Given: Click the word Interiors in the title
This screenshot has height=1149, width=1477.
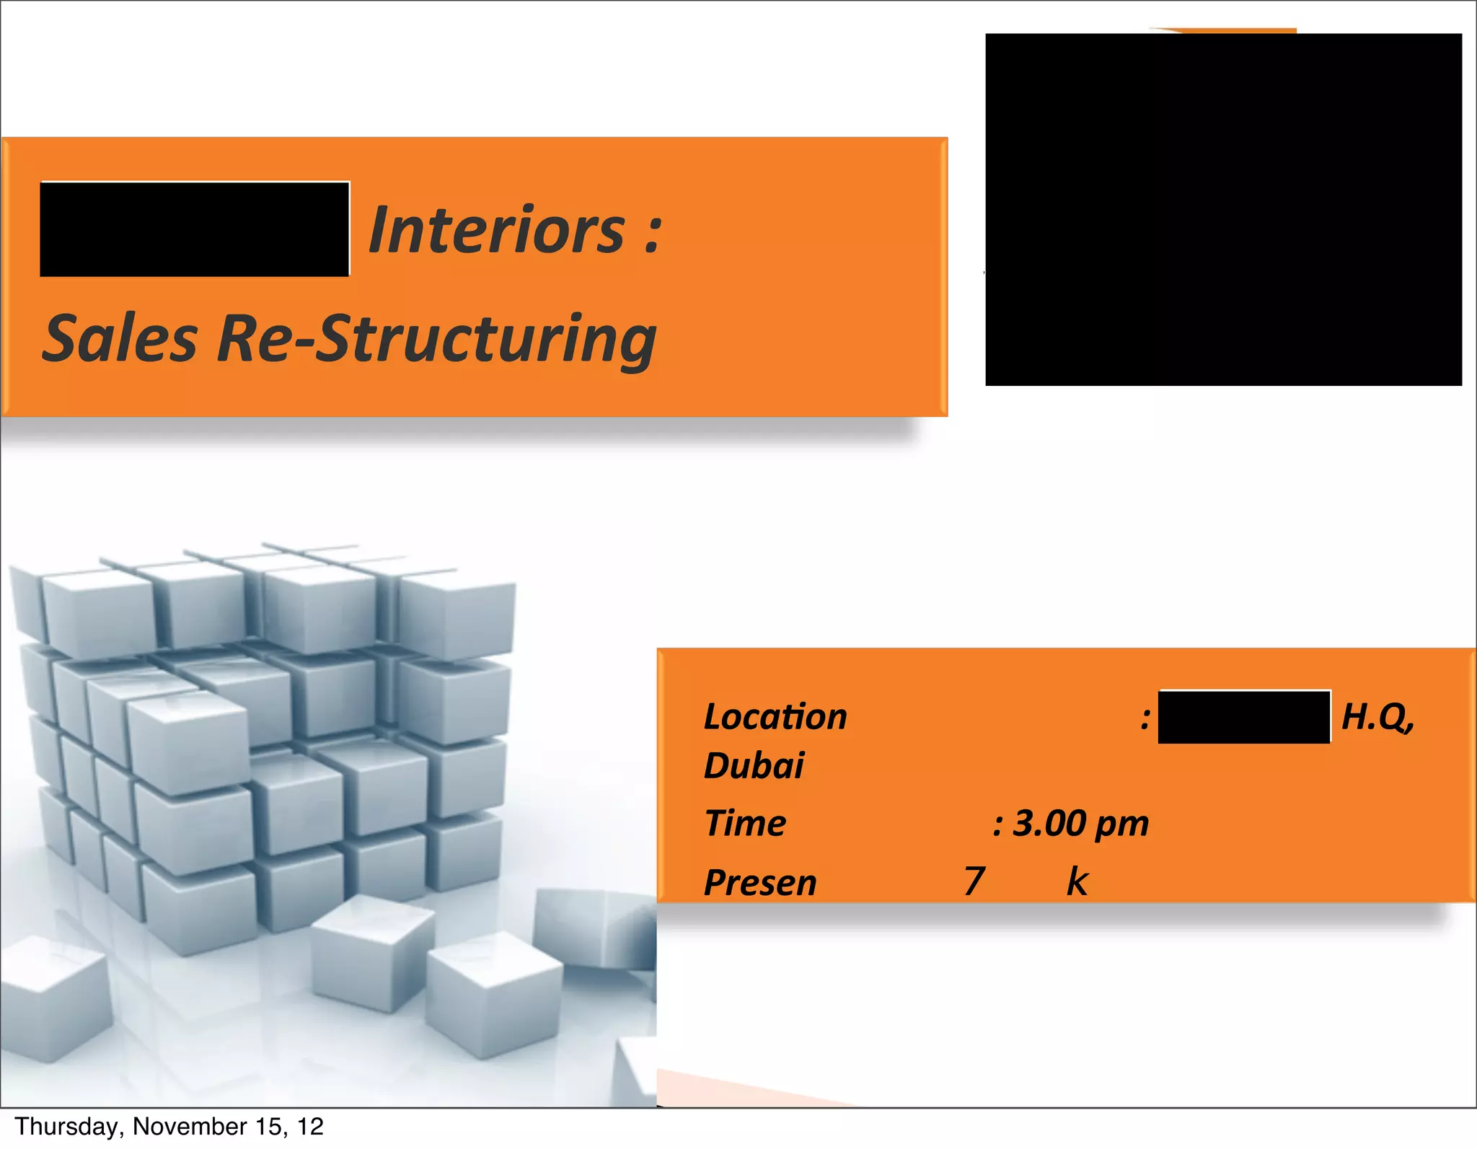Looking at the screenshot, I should [x=496, y=230].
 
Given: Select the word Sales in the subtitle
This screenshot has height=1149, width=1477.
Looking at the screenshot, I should [x=120, y=339].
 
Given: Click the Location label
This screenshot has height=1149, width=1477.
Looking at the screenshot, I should [x=775, y=717].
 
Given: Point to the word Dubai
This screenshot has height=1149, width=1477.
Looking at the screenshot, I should [x=754, y=765].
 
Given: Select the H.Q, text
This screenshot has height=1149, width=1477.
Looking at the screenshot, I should [x=1377, y=717].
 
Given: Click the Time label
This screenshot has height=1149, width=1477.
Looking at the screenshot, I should [x=745, y=823].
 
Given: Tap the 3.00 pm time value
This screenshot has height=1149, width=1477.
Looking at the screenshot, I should [x=1080, y=823].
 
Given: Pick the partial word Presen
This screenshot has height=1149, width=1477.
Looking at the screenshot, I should [x=760, y=883].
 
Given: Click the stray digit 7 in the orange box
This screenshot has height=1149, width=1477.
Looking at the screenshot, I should [x=974, y=881].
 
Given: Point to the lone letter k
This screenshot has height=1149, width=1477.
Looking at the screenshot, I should [x=1077, y=881].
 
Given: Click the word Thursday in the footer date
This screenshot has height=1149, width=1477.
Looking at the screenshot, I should [x=68, y=1126].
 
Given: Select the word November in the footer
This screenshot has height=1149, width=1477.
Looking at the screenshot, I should [x=190, y=1126].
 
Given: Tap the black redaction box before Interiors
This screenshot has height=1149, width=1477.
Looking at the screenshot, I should [x=195, y=229].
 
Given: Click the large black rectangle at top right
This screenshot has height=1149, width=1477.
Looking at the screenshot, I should [x=1223, y=209].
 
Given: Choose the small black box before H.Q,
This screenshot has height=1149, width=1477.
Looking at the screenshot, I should [x=1244, y=717].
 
